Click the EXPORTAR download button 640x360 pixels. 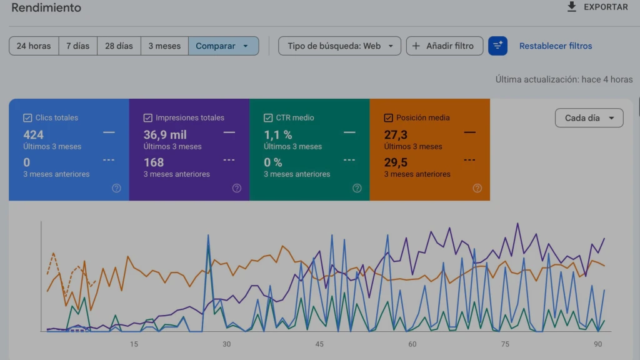[x=597, y=7]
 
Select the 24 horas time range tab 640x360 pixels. [x=34, y=46]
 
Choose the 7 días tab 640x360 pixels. [x=78, y=46]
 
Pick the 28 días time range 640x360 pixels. [x=119, y=46]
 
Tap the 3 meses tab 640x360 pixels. [x=164, y=46]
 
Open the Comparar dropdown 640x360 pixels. [x=223, y=46]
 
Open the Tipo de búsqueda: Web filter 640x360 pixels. [x=339, y=46]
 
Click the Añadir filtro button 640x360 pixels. [x=444, y=46]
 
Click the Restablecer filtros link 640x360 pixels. [x=556, y=46]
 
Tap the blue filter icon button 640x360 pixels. [x=498, y=46]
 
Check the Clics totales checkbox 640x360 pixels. [x=27, y=118]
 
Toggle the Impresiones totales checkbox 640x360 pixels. [x=147, y=118]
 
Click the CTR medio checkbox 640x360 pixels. [x=268, y=118]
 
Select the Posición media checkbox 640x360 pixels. [x=389, y=118]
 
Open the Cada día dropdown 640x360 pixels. [x=589, y=118]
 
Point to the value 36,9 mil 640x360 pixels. [x=165, y=135]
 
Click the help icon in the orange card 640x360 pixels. [x=477, y=188]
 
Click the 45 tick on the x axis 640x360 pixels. [x=319, y=344]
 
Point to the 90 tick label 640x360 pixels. [x=598, y=344]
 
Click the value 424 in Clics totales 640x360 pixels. [x=34, y=135]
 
